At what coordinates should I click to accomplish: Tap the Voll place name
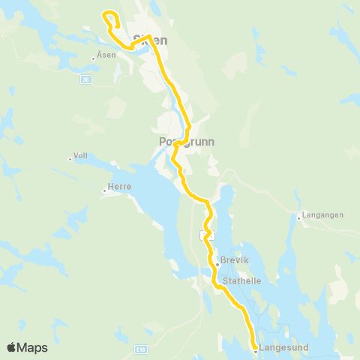coord(80,156)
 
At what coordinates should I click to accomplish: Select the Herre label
coord(120,187)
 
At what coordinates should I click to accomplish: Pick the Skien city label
coord(149,39)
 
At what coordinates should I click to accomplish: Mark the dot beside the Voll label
coord(69,158)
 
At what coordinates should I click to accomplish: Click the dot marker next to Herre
coord(104,190)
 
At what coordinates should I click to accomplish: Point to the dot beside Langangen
coord(298,218)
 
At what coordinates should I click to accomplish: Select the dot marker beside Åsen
coord(93,58)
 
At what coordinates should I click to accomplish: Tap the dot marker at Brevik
coord(217,264)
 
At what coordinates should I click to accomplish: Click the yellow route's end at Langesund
coord(255,348)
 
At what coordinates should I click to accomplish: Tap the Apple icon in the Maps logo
coord(12,347)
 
